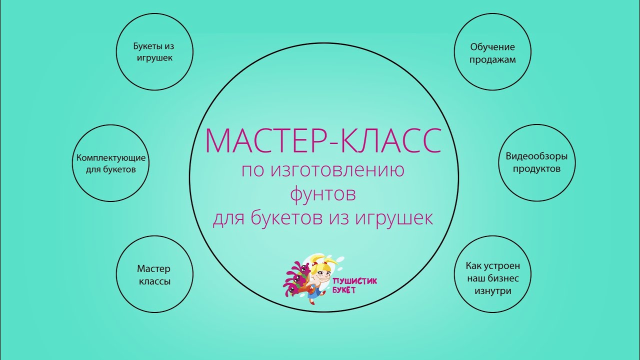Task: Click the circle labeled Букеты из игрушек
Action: click(x=154, y=52)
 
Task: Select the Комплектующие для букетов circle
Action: click(x=111, y=163)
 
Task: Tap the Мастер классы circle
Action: click(x=154, y=274)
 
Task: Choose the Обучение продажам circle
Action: click(x=492, y=52)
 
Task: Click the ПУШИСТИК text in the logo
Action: click(x=355, y=281)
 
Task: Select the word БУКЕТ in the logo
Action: click(x=344, y=290)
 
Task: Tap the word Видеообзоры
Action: click(x=536, y=156)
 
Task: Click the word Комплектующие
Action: click(x=111, y=158)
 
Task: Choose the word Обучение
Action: click(x=492, y=47)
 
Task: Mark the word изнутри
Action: click(x=492, y=291)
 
